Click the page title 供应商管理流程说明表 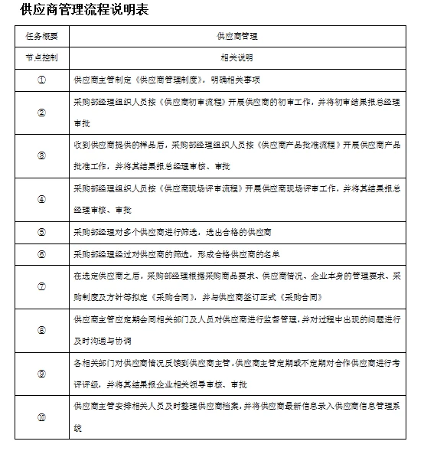click(85, 11)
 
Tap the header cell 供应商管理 click(236, 36)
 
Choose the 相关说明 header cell click(236, 57)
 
